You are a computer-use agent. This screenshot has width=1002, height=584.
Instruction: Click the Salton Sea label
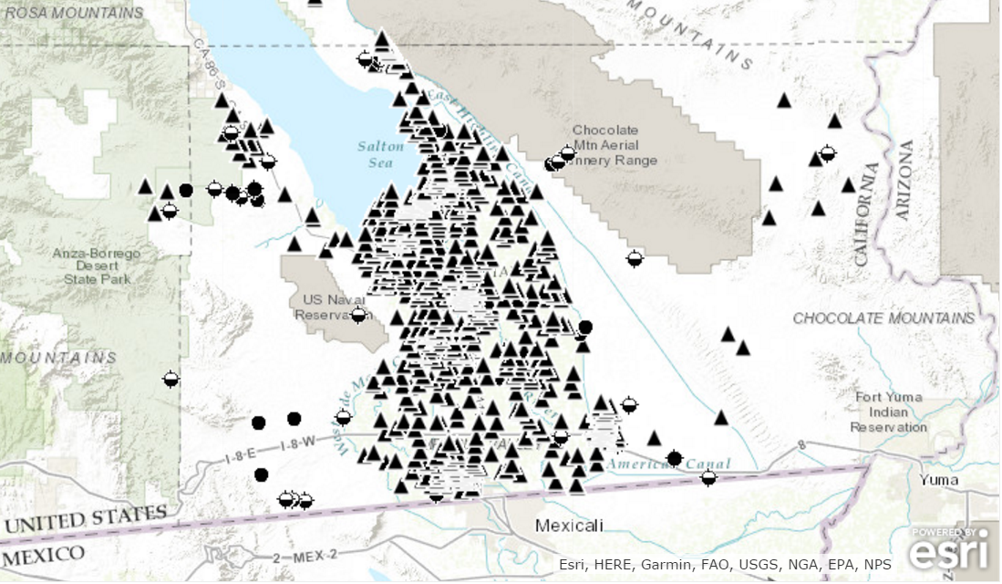tap(375, 154)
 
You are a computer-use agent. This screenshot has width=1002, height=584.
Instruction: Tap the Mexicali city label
tap(569, 526)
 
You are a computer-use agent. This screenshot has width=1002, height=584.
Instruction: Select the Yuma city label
tap(938, 480)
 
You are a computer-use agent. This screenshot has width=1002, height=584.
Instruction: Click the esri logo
tap(948, 550)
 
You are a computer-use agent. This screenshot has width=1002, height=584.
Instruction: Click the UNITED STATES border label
tap(86, 519)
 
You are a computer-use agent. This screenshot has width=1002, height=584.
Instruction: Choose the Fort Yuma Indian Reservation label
tap(889, 412)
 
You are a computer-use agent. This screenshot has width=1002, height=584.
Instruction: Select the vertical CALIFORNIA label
tap(867, 214)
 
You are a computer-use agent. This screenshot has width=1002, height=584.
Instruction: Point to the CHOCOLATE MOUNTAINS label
tap(883, 318)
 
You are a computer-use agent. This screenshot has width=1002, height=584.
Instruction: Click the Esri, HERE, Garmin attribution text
tap(725, 565)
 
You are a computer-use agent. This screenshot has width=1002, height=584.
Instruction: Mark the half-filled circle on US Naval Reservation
tap(358, 315)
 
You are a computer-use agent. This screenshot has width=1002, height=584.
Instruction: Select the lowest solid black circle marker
tap(262, 474)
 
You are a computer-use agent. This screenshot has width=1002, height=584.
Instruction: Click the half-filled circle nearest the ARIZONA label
tap(828, 152)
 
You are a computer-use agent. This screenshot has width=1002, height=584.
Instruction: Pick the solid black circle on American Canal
tap(675, 458)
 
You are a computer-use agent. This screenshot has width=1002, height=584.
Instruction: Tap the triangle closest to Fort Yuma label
tap(721, 418)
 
